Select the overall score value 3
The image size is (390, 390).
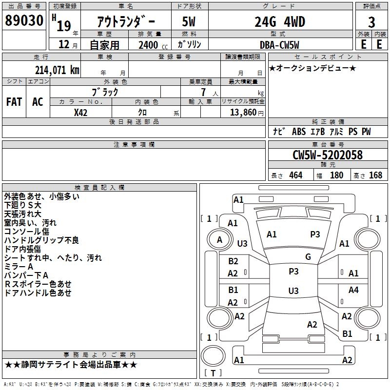point(371,22)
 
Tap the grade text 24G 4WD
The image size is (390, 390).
point(279,22)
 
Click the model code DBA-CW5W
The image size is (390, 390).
point(279,45)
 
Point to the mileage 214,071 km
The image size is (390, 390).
point(57,70)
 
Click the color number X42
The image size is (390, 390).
point(81,112)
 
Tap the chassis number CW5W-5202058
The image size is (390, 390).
point(328,155)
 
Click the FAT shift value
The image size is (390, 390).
point(14,102)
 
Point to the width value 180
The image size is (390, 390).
point(337,175)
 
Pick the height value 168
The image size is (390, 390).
point(375,175)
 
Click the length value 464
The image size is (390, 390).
point(295,175)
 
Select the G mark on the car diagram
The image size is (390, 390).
point(308,256)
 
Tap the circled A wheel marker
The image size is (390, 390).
point(219,239)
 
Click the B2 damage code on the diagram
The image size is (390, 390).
point(234,261)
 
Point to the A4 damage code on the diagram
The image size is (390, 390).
point(353,290)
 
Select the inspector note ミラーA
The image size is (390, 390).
point(19,267)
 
